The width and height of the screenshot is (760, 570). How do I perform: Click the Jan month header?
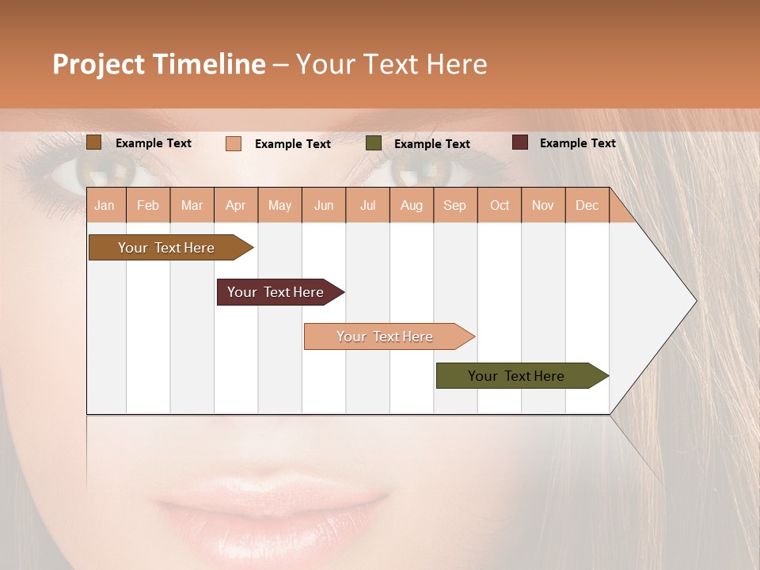104,205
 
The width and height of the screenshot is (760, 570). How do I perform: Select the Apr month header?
235,205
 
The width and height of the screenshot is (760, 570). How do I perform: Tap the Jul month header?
367,205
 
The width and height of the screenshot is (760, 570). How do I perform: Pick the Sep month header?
454,205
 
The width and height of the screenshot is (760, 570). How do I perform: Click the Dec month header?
587,205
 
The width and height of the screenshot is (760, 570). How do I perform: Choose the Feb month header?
148,205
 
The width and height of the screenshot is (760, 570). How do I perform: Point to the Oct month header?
500,205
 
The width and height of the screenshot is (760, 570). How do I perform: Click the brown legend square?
93,142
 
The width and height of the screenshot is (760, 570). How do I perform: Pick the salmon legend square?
234,143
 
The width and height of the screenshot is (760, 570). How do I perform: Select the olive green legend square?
374,143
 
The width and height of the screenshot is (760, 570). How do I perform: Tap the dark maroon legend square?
519,142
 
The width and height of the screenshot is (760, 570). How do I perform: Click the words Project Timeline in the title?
159,64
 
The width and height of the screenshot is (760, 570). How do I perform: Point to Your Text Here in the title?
391,64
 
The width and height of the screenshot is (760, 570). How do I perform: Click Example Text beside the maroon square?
577,143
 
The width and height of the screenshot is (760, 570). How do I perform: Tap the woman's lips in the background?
269,507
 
